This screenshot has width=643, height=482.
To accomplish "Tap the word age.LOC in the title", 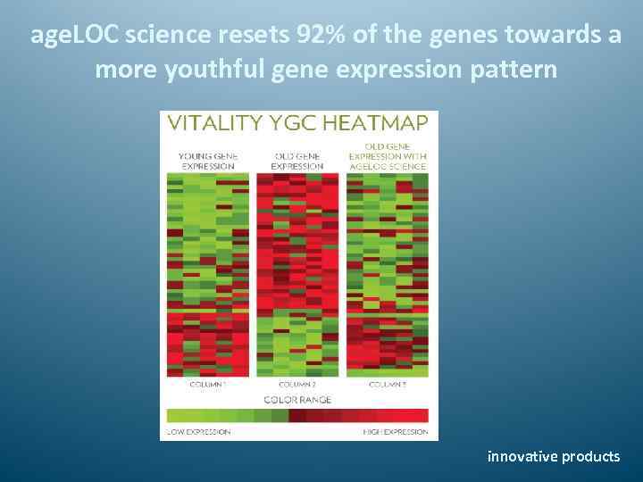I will click(x=74, y=36).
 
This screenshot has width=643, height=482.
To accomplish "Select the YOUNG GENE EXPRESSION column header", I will click(x=208, y=160).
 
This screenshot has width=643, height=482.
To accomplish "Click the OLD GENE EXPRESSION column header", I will click(x=297, y=160).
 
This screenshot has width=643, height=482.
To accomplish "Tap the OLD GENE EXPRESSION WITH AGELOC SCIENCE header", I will click(x=387, y=155).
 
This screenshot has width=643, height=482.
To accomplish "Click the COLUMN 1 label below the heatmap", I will click(x=207, y=384).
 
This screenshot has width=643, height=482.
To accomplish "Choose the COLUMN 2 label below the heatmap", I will click(x=296, y=384).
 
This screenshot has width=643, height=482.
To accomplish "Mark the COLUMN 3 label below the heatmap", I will click(x=387, y=384).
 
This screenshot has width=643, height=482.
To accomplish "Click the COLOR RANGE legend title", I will click(x=297, y=398).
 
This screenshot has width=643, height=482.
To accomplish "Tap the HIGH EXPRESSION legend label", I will click(x=394, y=432).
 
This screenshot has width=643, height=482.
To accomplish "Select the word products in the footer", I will click(x=590, y=456).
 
